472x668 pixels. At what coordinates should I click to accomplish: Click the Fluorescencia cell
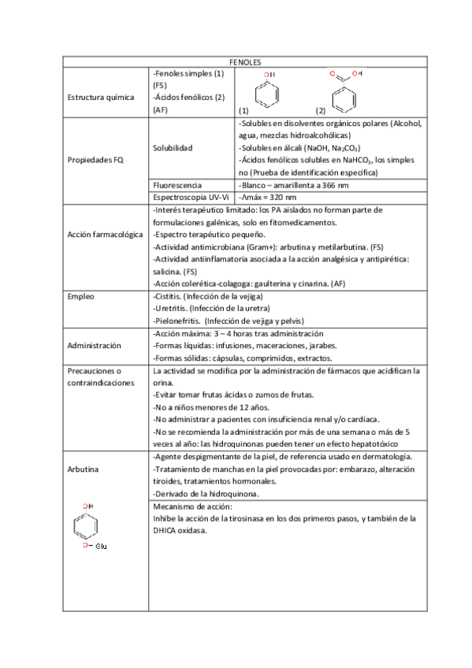click(x=178, y=185)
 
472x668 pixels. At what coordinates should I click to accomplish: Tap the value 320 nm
click(x=281, y=197)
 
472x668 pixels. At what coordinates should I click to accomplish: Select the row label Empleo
click(x=80, y=297)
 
